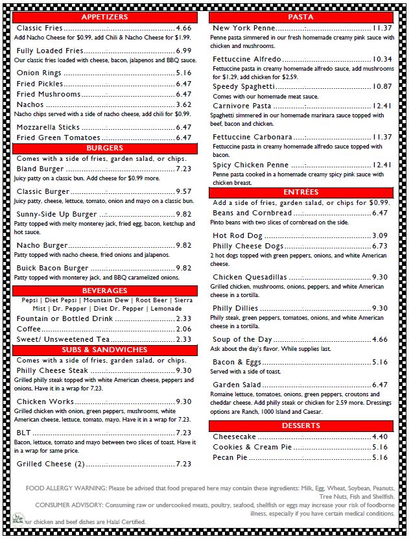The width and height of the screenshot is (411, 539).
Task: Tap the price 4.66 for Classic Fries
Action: coord(183,29)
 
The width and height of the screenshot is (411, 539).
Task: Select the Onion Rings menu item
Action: coord(40,73)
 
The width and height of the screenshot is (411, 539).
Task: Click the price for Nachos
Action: coord(183,105)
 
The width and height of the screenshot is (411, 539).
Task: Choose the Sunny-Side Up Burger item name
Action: coord(57,214)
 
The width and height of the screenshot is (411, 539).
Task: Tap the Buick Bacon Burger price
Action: coord(183,268)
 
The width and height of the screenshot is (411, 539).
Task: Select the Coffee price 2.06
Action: coord(183,329)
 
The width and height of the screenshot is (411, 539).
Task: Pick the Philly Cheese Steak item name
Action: coord(53,371)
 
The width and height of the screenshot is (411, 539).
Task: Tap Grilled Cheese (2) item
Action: coord(51,464)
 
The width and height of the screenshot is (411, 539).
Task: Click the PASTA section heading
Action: coord(301,17)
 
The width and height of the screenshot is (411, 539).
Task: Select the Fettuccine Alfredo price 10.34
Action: coord(382,60)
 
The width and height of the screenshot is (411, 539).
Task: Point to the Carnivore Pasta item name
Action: coord(242,106)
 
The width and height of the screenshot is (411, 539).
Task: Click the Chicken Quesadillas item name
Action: coord(250,278)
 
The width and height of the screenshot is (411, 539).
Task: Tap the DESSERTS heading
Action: coord(301,425)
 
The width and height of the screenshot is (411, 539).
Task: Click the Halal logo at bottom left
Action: coord(18,519)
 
